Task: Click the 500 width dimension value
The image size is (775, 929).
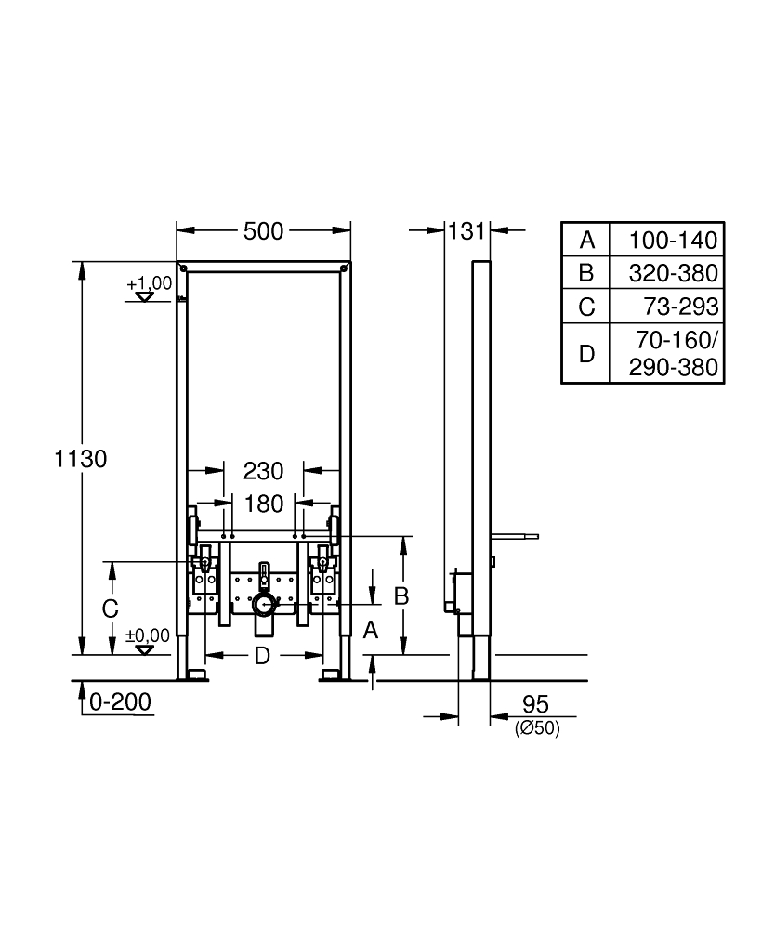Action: tap(263, 233)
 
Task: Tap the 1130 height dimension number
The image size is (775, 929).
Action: tap(82, 458)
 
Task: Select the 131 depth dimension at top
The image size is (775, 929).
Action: tap(466, 231)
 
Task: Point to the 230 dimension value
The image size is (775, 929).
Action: tap(263, 472)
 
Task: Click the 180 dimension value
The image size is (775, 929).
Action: tap(263, 504)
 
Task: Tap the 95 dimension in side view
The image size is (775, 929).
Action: tap(536, 704)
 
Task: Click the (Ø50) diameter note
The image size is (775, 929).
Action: tap(536, 730)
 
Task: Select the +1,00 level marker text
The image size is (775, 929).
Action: tap(150, 282)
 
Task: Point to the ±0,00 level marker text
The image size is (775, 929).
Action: tap(148, 635)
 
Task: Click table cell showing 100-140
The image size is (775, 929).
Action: tap(673, 241)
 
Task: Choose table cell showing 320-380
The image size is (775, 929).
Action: tap(673, 273)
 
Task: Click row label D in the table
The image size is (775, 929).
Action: tap(586, 353)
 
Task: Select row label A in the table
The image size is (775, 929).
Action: tap(586, 241)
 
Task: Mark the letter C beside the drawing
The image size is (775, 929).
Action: tap(110, 609)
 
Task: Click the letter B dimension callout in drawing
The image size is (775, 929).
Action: tap(401, 596)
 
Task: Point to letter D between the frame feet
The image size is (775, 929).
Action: tap(262, 657)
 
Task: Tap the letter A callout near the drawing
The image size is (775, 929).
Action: tap(371, 631)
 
